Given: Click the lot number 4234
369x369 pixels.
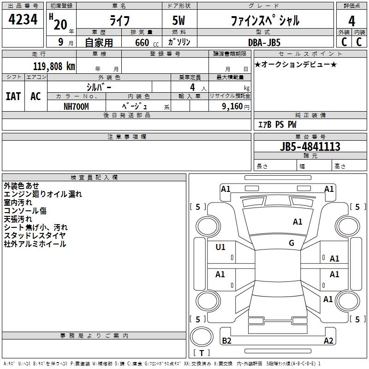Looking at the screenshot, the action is pos(23,19).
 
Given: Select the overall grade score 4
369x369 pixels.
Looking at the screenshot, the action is pos(351,21).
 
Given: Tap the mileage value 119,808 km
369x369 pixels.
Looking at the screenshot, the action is pos(54,66).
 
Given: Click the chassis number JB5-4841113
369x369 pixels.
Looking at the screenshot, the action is pos(310,146).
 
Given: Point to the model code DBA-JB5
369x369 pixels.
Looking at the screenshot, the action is pos(264,42).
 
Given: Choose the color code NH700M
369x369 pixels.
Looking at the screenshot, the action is pos(76,107).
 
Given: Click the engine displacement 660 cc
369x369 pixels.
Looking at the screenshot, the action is pos(147,42).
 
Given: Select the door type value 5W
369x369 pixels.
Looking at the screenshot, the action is pos(179,20).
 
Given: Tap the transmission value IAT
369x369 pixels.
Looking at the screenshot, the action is pos(13,96).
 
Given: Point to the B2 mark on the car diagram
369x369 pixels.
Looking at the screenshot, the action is pos(226,340).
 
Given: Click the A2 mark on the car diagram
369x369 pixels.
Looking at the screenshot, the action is pos(328,340).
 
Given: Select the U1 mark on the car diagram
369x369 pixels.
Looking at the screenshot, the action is pos(220,247).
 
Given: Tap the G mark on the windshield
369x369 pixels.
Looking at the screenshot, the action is pos(292,243).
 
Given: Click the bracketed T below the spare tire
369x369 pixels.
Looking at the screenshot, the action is pos(202,353).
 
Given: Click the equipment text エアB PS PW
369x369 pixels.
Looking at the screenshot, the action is pos(277,124).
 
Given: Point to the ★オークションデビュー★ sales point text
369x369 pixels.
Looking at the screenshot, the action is pos(296,64).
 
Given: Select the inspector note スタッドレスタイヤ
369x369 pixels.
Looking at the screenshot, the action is pos(35,236).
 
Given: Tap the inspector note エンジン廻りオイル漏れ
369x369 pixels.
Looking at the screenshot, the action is pos(43,194).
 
